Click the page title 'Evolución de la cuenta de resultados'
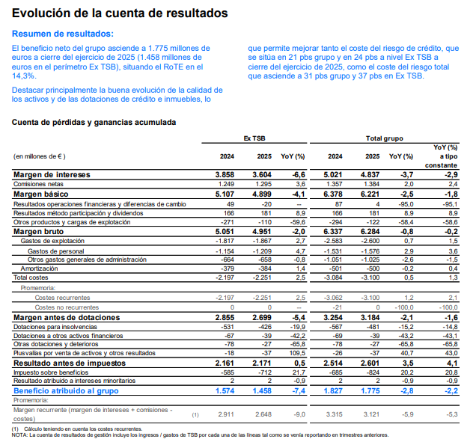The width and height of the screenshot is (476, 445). (x=120, y=13)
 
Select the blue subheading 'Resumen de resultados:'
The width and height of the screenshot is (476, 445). (x=63, y=34)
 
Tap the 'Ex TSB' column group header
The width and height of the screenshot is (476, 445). (x=254, y=138)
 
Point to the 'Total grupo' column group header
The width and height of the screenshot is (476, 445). (x=385, y=138)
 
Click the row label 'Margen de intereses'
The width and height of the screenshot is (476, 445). (x=52, y=175)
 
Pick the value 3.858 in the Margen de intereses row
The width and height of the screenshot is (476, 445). (x=225, y=175)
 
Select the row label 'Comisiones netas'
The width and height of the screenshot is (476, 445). (x=38, y=184)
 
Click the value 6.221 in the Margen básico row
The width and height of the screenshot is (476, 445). (x=370, y=194)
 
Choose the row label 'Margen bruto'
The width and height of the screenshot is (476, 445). (x=39, y=232)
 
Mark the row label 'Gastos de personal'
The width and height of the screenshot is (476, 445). (x=56, y=251)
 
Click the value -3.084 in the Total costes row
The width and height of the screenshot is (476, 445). (x=333, y=277)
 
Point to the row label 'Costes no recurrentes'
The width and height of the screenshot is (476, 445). (x=67, y=307)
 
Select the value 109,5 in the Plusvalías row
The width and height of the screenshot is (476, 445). (x=297, y=353)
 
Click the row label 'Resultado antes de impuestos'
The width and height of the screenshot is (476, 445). (x=70, y=363)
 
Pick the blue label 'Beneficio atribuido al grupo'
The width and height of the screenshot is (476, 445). (x=66, y=390)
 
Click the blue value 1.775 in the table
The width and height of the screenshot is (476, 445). (x=370, y=390)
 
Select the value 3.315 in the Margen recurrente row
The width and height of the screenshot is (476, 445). (x=335, y=414)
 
